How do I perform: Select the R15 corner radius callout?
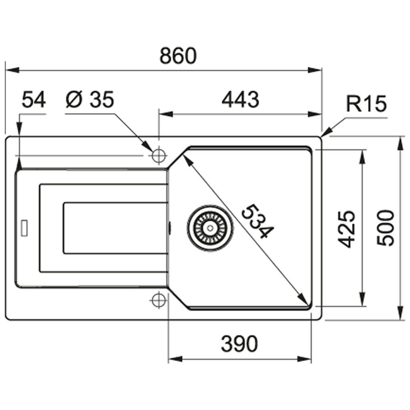point(366,105)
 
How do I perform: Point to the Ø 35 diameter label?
point(90,100)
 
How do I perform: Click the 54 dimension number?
point(34,100)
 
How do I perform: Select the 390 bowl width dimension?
point(239,344)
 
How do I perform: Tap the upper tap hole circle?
point(159,155)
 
